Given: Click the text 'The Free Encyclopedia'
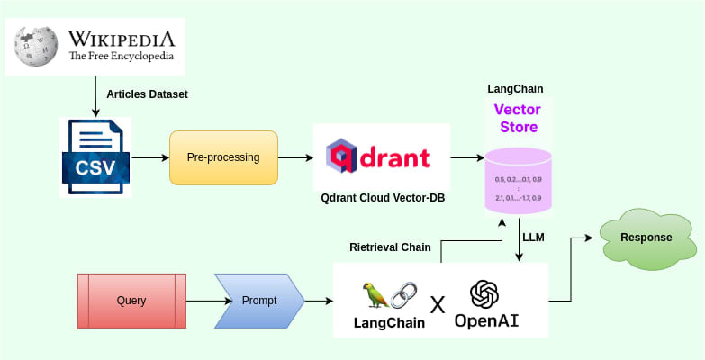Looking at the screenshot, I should point(121,56).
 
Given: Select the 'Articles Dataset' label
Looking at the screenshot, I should point(148,94).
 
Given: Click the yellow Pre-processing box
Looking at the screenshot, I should point(223,157).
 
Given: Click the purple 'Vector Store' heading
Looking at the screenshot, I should point(518,118).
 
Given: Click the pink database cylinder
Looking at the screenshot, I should point(518,180).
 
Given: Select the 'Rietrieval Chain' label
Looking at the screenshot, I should point(390,247).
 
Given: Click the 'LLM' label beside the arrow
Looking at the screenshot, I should point(534,238).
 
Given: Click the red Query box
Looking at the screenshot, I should point(131,300).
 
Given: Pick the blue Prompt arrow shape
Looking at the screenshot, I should point(259,300).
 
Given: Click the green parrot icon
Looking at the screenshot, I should point(371,294).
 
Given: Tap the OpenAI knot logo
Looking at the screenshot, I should point(484,293).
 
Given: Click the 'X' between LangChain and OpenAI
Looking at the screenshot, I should point(438,304).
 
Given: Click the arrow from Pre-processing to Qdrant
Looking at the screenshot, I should point(295,157).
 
